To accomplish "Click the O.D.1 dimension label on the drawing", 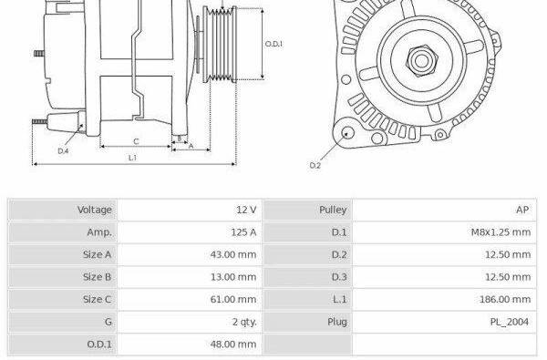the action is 273,44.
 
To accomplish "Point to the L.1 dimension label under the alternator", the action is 132,158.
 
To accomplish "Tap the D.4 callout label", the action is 63,151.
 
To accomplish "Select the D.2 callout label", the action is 315,165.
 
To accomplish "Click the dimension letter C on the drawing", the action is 136,141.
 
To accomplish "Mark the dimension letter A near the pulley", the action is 191,146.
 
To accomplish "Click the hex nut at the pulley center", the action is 421,61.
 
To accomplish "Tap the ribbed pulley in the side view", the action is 220,45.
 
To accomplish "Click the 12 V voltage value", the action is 246,210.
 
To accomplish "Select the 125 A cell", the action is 243,232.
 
